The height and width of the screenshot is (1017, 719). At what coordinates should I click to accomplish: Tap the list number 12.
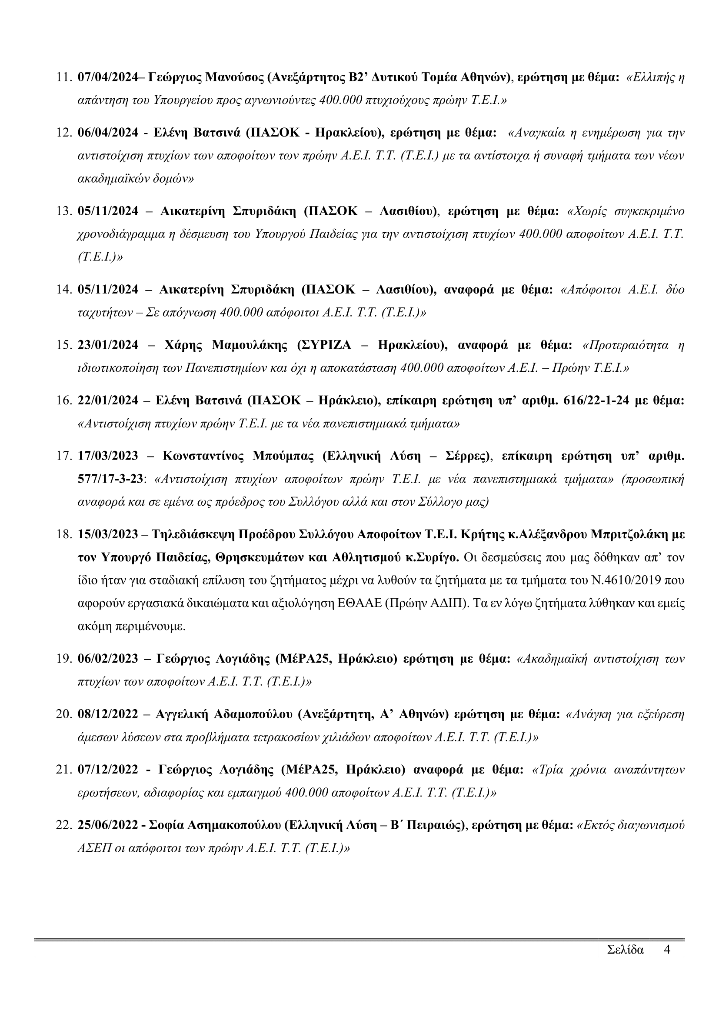click(x=64, y=133)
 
